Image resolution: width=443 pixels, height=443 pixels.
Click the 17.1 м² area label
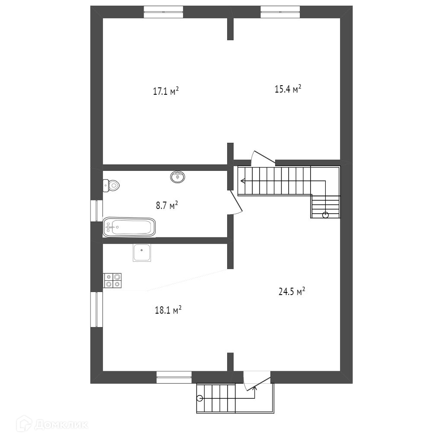pos(166,91)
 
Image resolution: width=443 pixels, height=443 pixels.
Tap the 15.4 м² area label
pos(288,89)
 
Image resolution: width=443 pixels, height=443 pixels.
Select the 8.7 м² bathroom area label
pos(167,205)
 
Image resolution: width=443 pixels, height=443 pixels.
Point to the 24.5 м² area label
pos(292,291)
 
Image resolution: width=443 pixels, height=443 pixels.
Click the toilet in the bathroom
pos(111,186)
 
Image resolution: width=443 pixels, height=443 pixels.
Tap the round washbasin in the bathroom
pos(177,177)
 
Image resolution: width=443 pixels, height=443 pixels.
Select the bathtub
pos(129,227)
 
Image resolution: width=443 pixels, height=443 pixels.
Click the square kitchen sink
pos(142,253)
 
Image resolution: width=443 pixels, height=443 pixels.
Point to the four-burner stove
pos(112,280)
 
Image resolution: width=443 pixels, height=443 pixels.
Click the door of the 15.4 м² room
pos(262,157)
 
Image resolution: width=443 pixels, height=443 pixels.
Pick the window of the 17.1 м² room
pos(163,12)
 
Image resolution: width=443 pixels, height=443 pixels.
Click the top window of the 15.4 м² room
pos(280,12)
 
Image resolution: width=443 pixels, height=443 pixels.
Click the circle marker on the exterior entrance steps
pos(199,398)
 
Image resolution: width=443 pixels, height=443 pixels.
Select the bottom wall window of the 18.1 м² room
pos(174,377)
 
